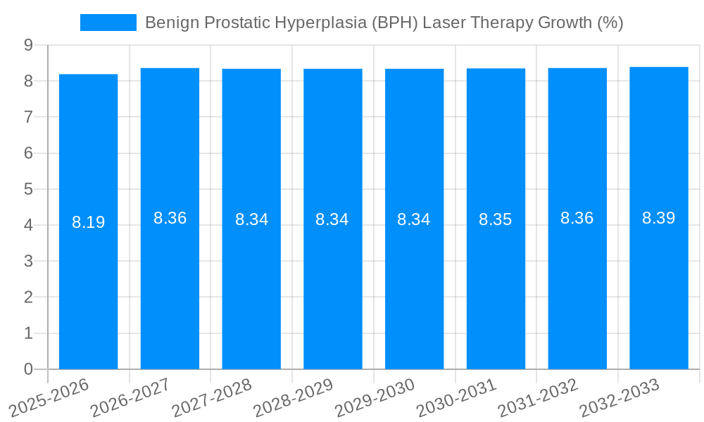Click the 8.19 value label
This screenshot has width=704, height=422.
88,222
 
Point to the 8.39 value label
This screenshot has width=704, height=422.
659,218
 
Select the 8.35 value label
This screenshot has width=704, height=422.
496,219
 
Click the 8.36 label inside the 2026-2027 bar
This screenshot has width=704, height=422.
170,218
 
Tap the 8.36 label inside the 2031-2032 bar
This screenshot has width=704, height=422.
577,218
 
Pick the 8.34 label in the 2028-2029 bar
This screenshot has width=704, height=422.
332,219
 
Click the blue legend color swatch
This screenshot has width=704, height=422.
108,23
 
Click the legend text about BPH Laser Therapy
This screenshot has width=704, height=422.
384,23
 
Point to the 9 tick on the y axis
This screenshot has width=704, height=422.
28,45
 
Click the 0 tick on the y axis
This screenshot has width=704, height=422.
28,369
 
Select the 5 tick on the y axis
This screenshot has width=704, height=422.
28,189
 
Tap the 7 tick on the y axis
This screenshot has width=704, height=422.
28,117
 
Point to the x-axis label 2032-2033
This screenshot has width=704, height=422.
620,397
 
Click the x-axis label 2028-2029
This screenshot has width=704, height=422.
294,397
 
